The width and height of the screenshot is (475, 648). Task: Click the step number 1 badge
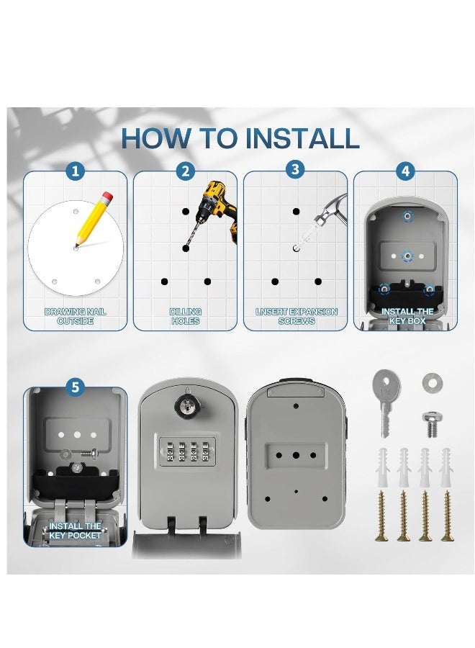click(x=75, y=171)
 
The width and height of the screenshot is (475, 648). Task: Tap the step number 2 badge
click(x=186, y=171)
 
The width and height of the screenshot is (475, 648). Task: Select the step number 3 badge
click(x=295, y=170)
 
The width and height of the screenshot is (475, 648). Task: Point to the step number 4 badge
click(x=406, y=171)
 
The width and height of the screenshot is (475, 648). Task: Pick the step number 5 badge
click(x=75, y=387)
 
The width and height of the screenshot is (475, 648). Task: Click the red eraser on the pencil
click(x=107, y=197)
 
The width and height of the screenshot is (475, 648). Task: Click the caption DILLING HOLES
click(x=186, y=317)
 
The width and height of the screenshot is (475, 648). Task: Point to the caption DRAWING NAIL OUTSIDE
click(x=75, y=317)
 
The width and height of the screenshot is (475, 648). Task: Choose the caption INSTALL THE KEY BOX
click(x=407, y=316)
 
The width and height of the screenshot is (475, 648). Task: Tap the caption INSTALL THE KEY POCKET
click(x=75, y=531)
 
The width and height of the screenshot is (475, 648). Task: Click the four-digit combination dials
click(x=187, y=451)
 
